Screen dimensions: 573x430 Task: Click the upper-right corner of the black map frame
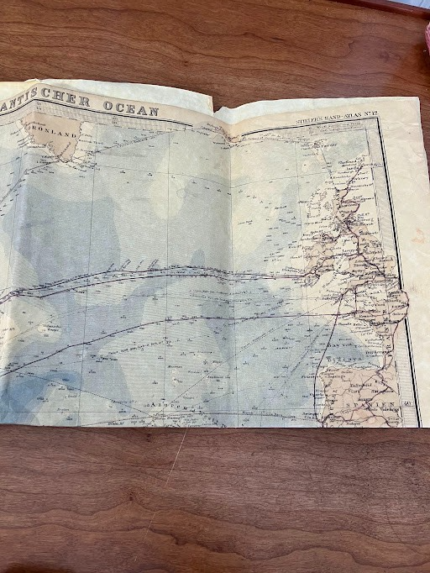[377, 118]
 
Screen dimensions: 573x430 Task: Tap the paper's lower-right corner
[419, 425]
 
